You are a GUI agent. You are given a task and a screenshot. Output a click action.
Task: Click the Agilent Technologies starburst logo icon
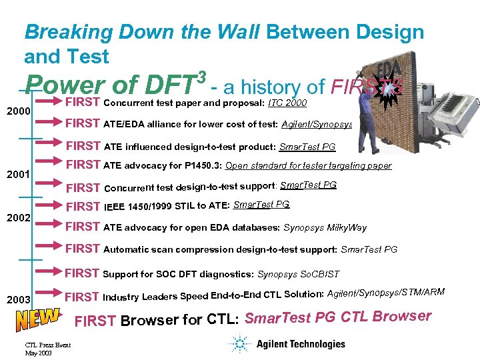click(x=240, y=344)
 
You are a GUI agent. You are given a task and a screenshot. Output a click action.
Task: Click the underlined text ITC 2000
click(x=287, y=103)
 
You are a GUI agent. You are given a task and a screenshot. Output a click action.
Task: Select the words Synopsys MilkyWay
click(x=325, y=228)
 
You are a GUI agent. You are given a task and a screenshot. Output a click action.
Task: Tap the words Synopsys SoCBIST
click(x=298, y=274)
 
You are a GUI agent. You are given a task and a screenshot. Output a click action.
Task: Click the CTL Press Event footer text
click(x=47, y=344)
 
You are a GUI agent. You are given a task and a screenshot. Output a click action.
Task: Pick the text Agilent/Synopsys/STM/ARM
click(x=386, y=294)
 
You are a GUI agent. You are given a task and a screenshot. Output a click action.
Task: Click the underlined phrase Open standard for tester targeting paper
click(x=309, y=166)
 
